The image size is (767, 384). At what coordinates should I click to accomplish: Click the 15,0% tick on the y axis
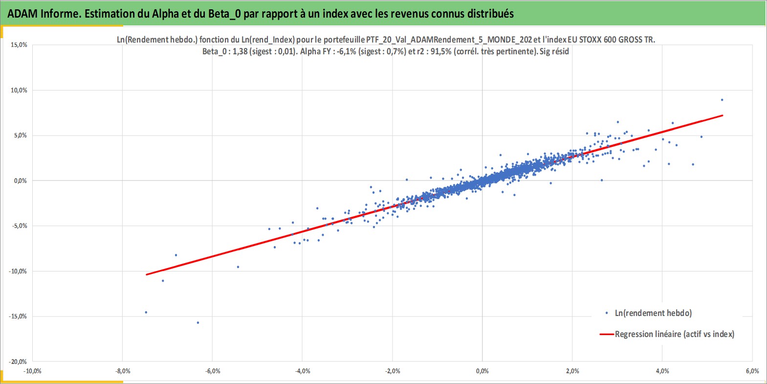[19, 45]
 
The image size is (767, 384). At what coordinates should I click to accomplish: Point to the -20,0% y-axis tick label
[18, 361]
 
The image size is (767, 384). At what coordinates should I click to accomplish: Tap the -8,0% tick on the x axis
[123, 371]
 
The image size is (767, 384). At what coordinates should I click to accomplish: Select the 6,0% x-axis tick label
[752, 371]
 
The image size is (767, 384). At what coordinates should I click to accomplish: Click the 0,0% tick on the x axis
[482, 371]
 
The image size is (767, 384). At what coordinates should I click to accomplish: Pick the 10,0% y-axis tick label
[19, 90]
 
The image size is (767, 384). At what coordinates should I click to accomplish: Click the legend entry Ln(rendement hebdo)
[653, 313]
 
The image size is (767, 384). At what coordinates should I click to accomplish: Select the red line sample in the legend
[607, 334]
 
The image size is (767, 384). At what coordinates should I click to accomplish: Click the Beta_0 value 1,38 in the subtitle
[240, 52]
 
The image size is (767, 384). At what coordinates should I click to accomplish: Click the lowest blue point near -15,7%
[198, 323]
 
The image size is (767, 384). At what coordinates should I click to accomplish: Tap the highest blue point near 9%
[722, 100]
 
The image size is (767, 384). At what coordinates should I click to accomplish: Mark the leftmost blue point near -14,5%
[146, 313]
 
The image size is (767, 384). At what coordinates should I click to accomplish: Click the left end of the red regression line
[146, 274]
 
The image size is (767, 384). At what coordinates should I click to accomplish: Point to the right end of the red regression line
[723, 115]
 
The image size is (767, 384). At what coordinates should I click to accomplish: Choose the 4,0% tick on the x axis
[662, 371]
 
